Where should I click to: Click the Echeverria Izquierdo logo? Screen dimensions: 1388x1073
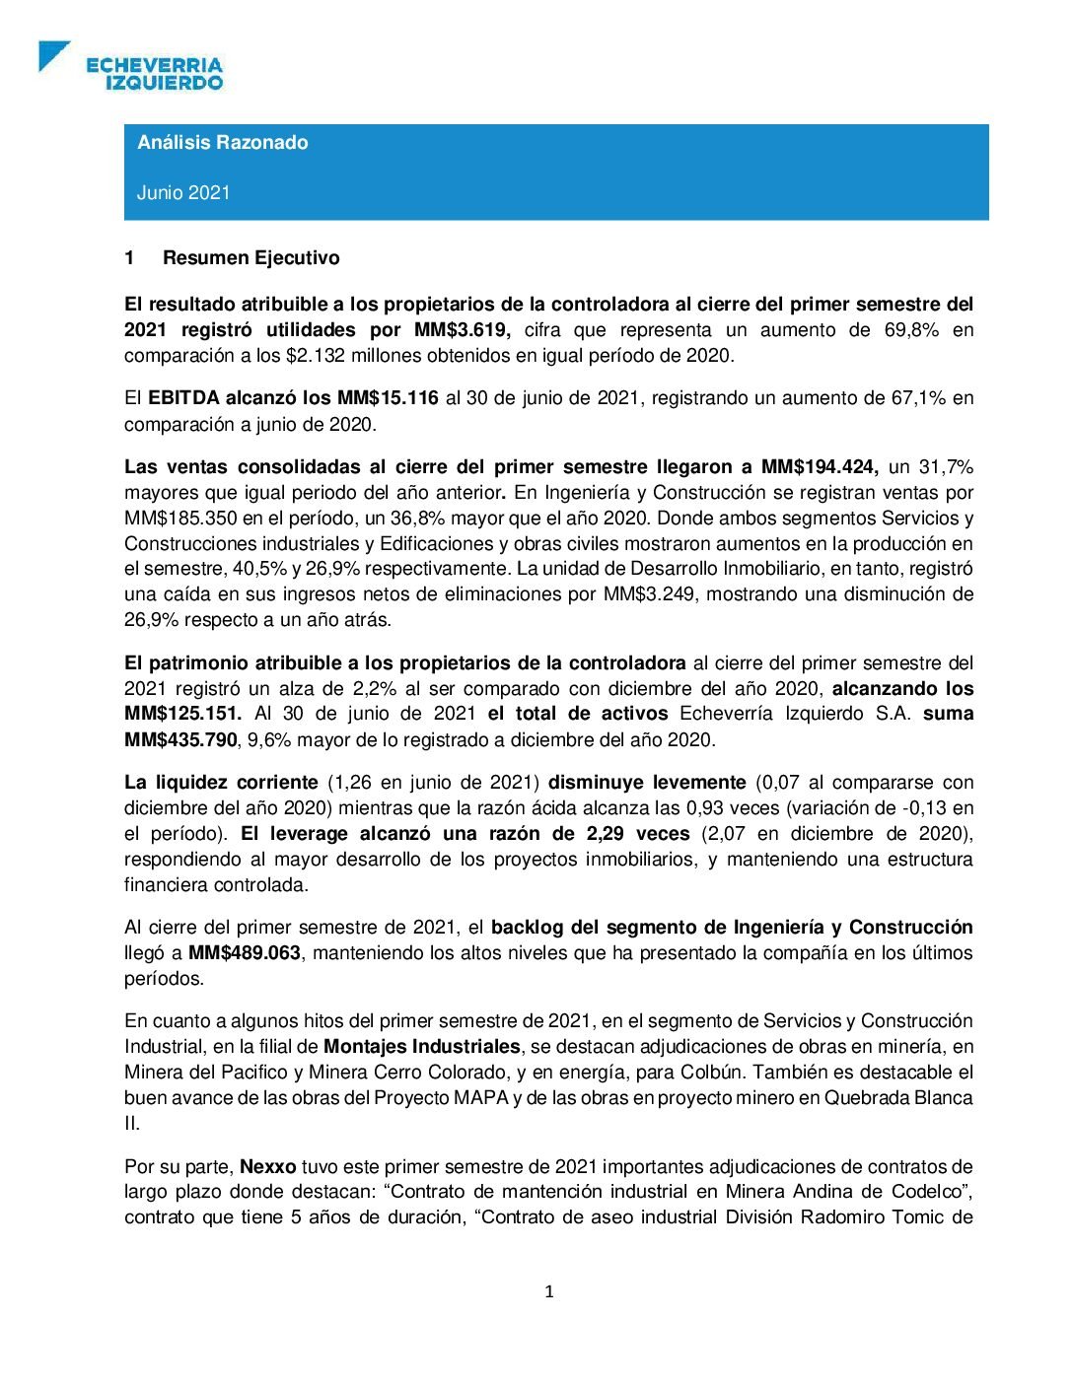click(131, 66)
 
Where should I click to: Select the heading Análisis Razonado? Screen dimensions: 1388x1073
click(222, 142)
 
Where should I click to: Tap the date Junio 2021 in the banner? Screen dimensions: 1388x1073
click(183, 192)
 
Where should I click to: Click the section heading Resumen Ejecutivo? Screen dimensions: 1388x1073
click(250, 257)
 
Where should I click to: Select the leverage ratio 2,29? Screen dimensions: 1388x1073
click(608, 833)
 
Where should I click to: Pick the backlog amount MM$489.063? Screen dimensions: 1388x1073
click(245, 952)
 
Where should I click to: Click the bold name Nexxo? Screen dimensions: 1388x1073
click(268, 1166)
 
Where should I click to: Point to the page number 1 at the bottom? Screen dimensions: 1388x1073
click(549, 1291)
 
